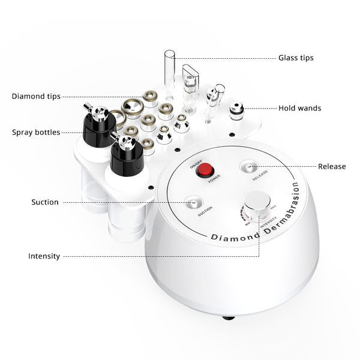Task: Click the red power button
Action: click(x=207, y=169)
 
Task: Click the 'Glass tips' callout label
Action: click(x=296, y=58)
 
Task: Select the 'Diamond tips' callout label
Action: click(x=35, y=96)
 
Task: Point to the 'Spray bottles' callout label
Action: click(x=35, y=132)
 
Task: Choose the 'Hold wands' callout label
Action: click(x=299, y=109)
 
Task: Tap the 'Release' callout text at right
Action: click(x=332, y=166)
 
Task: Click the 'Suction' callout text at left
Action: click(x=45, y=202)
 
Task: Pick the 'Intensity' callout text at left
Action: click(x=44, y=256)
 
